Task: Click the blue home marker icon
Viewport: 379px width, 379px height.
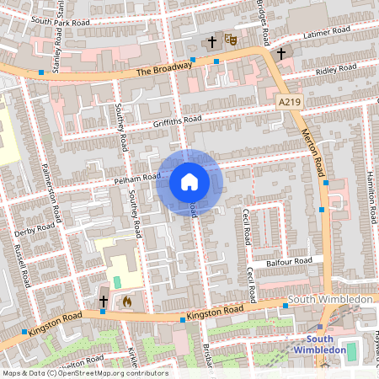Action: pos(189,182)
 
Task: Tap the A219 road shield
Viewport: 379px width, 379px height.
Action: pos(289,101)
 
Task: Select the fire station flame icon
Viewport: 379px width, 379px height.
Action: pos(127,300)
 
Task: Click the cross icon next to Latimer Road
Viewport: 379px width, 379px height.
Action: pos(280,52)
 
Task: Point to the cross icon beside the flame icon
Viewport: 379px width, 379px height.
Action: pos(104,301)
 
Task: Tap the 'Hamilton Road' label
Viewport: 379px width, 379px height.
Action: pos(370,195)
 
